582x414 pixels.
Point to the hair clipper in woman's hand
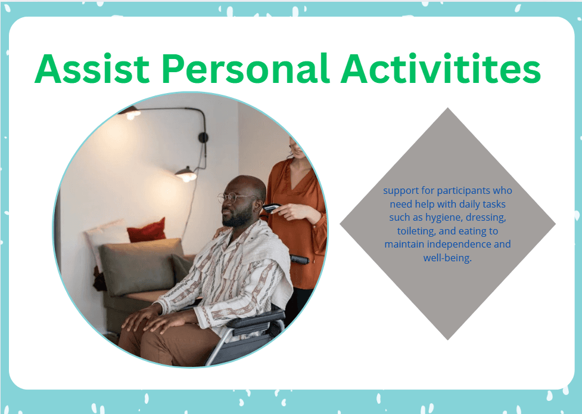coord(272,207)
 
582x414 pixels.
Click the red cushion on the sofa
coord(147,230)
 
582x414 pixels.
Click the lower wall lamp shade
coord(186,175)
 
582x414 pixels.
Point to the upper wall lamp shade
coord(130,113)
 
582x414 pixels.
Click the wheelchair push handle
coord(300,259)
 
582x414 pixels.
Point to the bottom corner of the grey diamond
coord(447,338)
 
